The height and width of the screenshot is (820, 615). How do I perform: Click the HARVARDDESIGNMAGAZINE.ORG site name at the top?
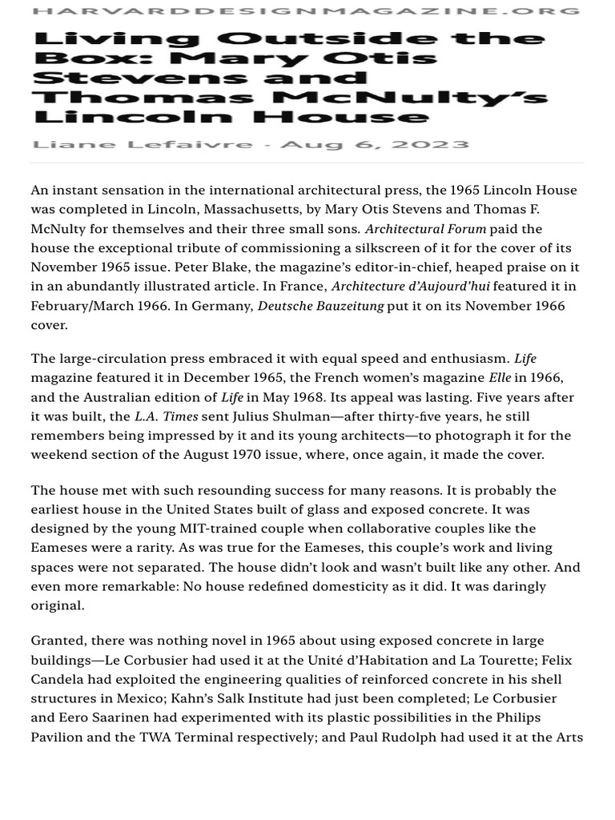[x=307, y=11]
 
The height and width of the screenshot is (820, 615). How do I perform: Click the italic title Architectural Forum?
[x=425, y=229]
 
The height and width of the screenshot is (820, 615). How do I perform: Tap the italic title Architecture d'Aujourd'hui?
[x=410, y=287]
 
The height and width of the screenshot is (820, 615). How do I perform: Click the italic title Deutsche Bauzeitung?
[x=320, y=306]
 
